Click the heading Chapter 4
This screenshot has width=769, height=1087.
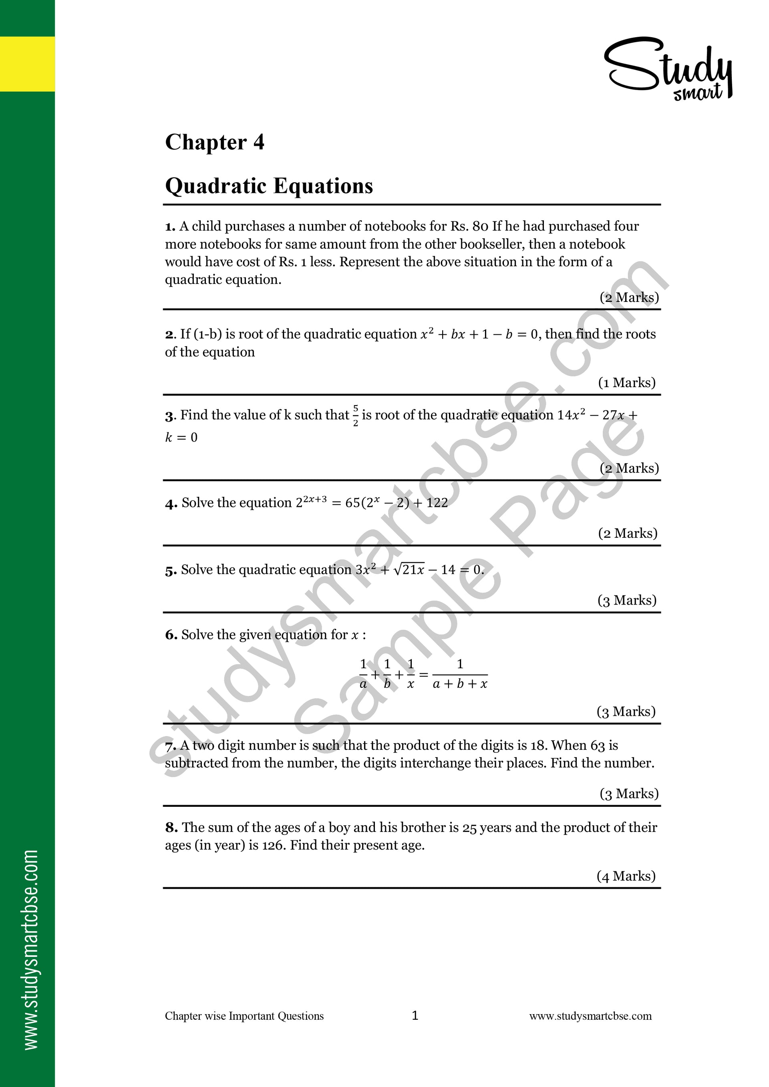point(215,142)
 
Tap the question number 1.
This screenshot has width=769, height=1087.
point(169,227)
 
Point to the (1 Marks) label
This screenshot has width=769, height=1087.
point(626,382)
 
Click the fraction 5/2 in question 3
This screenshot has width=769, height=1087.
point(355,415)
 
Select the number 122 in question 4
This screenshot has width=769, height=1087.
point(437,503)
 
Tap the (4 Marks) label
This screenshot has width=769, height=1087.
point(626,876)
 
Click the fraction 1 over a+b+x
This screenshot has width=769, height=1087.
point(459,675)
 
